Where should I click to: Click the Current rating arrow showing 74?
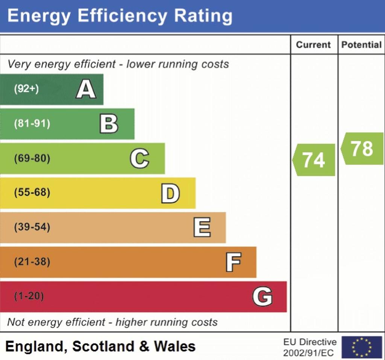pos(314,160)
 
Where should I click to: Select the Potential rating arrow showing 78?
pos(362,149)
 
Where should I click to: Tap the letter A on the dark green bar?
pos(86,90)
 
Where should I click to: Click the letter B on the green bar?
pos(109,124)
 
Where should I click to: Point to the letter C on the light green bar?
pos(139,158)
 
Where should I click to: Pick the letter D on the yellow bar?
pos(170,193)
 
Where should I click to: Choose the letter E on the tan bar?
pos(202,228)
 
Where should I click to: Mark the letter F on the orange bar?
pos(233,262)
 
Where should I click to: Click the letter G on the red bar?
pos(262,296)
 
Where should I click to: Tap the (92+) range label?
pos(26,90)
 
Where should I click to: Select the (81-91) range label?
pos(32,124)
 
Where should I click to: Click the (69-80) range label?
pos(32,158)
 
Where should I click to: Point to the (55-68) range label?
pos(32,193)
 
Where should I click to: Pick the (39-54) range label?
pos(32,228)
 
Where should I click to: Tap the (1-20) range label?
pos(29,296)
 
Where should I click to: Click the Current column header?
pos(314,45)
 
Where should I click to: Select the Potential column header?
pos(361,45)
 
